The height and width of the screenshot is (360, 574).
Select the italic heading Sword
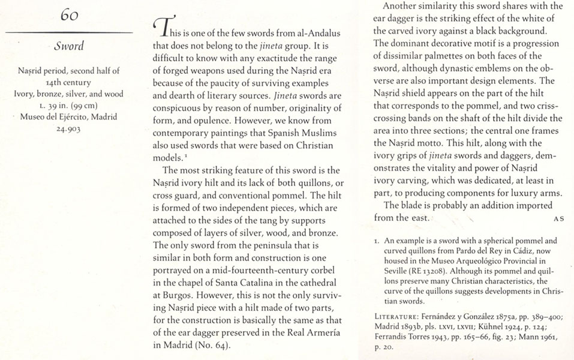point(68,46)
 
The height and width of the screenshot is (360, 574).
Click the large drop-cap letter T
point(161,26)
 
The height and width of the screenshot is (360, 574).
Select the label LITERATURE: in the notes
point(396,316)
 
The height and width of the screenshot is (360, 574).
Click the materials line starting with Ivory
point(68,93)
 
